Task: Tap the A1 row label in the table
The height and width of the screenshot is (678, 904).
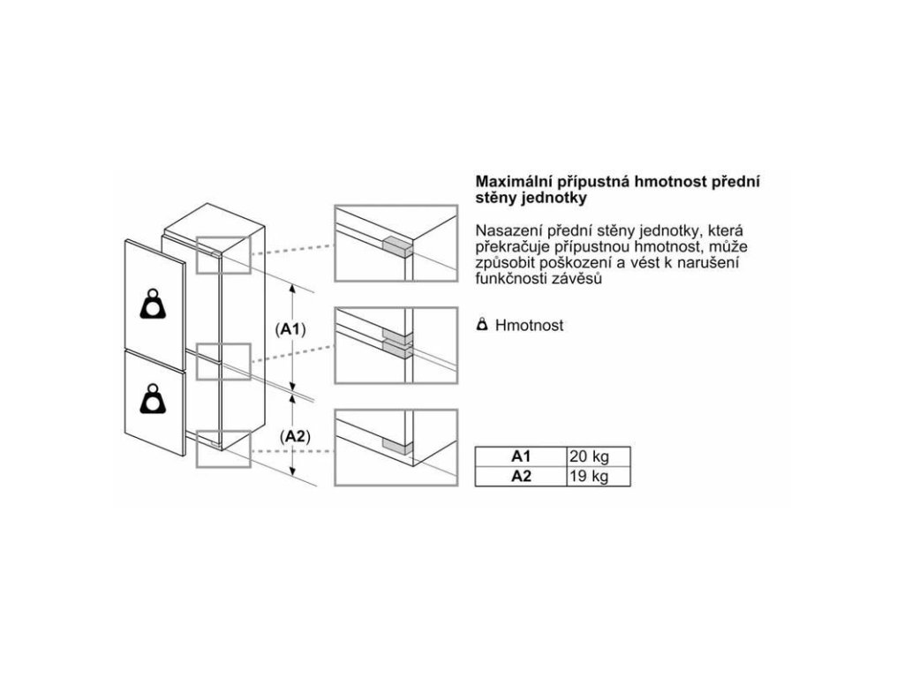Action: pos(520,457)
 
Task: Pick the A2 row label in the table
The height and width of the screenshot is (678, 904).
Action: pos(520,477)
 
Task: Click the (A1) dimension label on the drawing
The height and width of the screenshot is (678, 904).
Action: pos(290,329)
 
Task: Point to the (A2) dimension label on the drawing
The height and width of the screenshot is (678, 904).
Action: pos(293,437)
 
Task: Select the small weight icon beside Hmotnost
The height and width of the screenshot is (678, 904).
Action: pos(482,325)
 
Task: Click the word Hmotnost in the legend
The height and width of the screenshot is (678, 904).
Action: pos(529,326)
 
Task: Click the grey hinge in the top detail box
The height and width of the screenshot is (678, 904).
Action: pos(395,246)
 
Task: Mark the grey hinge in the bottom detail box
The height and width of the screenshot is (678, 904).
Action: pos(396,448)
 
